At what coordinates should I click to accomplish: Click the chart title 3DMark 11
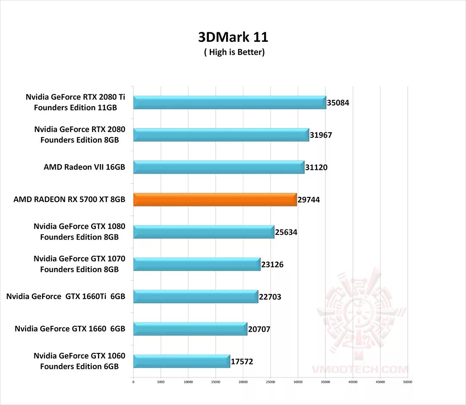pos(233,37)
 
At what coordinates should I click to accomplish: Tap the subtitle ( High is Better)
pos(234,52)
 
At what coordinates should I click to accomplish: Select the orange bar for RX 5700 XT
pos(215,199)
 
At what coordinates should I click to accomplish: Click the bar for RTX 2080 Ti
pos(229,103)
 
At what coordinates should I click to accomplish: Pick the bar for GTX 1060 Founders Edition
pos(181,361)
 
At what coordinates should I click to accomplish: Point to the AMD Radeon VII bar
pos(219,167)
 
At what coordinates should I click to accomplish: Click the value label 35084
pos(338,103)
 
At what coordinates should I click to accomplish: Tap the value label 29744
pos(309,200)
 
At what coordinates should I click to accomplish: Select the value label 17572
pos(242,361)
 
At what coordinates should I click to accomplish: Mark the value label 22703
pos(270,297)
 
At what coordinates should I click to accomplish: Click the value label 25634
pos(286,232)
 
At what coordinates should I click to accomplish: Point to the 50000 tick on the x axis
pos(408,382)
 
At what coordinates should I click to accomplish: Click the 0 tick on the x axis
pos(133,382)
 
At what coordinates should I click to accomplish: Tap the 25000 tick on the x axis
pos(271,382)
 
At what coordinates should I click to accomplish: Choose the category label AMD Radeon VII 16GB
pos(84,167)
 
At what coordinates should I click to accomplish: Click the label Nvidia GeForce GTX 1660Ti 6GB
pos(66,296)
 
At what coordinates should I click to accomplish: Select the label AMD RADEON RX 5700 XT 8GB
pos(69,199)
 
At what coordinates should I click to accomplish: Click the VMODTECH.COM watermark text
pos(359,369)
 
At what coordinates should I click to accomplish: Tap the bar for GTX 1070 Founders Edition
pos(197,264)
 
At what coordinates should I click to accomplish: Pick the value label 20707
pos(259,329)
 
